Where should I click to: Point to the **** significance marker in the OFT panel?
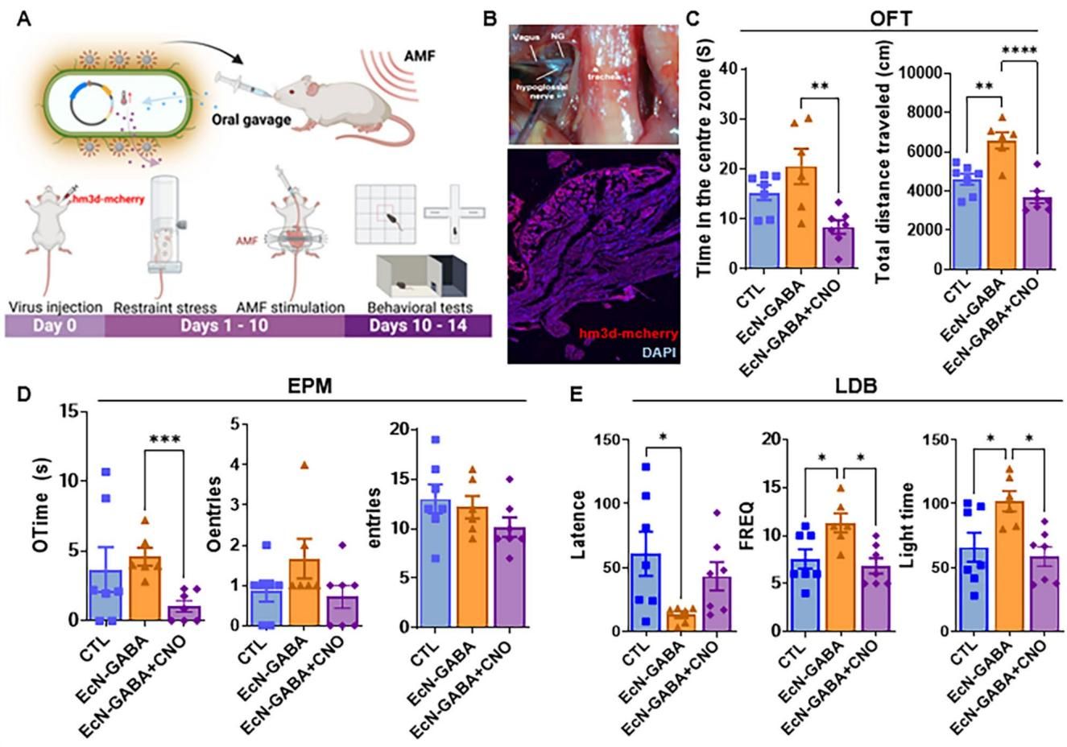pyautogui.click(x=1019, y=52)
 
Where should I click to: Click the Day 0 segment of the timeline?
pyautogui.click(x=55, y=325)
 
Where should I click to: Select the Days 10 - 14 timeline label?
pyautogui.click(x=418, y=325)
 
